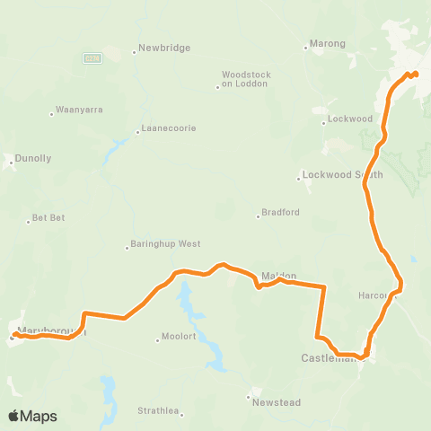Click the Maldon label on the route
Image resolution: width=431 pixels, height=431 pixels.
(x=278, y=276)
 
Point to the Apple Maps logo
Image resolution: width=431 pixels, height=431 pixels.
(x=32, y=416)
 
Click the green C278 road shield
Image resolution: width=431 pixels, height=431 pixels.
(x=92, y=57)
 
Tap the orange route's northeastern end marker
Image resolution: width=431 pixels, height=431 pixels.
(x=416, y=74)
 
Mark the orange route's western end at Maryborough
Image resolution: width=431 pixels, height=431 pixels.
(x=13, y=336)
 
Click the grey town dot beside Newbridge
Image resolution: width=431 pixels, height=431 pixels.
(x=134, y=50)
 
